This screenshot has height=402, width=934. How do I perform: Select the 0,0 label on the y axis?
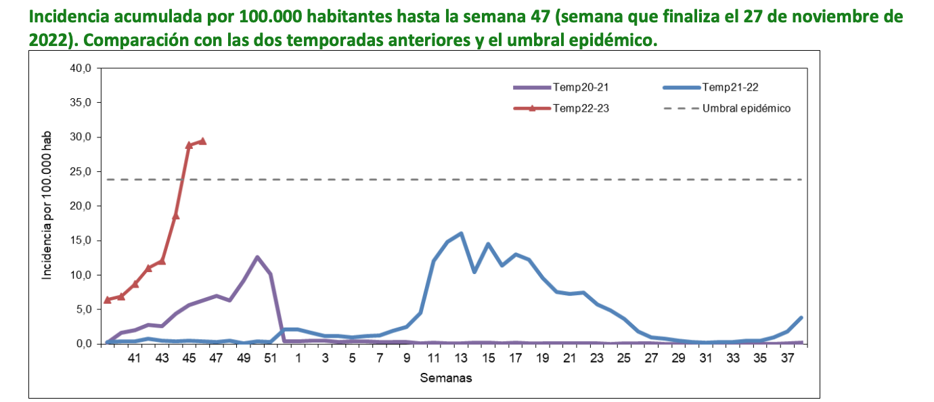tap(81, 344)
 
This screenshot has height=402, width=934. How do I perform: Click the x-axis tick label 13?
tap(461, 358)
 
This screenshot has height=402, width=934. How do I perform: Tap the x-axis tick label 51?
tap(270, 358)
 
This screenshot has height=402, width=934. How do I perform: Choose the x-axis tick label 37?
tap(788, 358)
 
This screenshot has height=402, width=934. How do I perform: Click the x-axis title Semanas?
tap(445, 378)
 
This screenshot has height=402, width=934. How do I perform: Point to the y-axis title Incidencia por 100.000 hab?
tap(47, 206)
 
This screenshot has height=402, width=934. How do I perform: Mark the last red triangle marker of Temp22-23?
tap(202, 141)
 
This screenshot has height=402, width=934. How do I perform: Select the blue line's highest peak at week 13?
tap(461, 233)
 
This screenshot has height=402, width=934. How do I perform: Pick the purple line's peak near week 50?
tap(257, 257)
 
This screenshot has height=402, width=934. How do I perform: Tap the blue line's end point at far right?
tap(801, 317)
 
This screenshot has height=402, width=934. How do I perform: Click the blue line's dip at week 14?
tap(474, 271)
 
